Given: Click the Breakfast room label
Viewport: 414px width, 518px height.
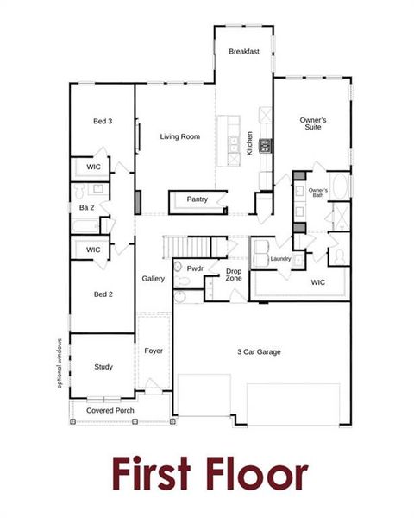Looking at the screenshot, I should click(x=244, y=52).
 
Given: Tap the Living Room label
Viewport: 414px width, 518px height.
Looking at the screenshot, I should click(x=180, y=136).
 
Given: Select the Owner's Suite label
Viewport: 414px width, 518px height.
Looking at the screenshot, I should click(x=311, y=124).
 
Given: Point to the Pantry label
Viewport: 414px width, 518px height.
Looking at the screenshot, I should click(x=198, y=199).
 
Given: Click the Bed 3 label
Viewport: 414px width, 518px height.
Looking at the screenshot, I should click(x=103, y=121).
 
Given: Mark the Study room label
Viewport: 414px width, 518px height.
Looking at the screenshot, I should click(x=103, y=367).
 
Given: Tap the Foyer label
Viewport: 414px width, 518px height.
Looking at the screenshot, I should click(x=154, y=351).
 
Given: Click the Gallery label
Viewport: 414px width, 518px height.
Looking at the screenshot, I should click(x=154, y=279).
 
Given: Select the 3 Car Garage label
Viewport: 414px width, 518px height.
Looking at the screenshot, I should click(x=260, y=351).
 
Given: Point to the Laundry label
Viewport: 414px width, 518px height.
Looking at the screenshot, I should click(x=280, y=258).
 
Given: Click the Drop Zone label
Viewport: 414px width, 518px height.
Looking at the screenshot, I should click(x=234, y=275).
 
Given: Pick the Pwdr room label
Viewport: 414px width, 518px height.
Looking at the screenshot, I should click(x=195, y=268).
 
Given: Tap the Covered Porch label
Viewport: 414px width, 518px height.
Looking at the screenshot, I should click(x=110, y=410).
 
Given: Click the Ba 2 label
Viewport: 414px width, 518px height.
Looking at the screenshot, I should click(x=86, y=207).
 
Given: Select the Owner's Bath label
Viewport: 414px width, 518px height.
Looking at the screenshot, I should click(x=317, y=193).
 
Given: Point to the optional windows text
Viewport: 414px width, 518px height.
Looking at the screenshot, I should click(x=60, y=363).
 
